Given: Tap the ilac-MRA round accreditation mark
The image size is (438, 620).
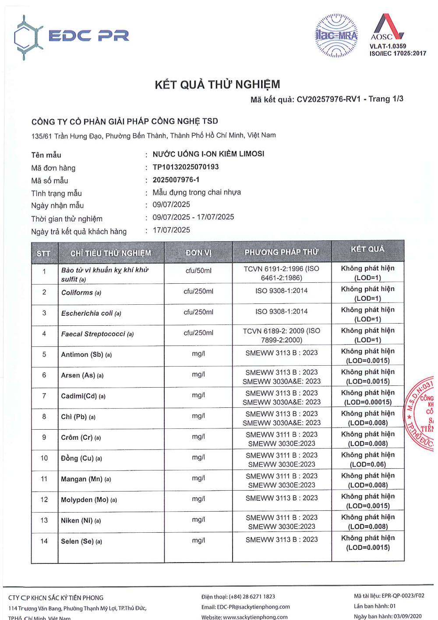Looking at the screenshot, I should click(336, 35).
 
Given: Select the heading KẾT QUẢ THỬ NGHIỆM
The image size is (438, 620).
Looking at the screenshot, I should click(217, 85).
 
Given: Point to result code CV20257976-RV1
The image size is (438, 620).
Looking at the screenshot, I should click(328, 100).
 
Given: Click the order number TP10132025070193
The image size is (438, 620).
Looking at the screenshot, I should click(186, 167).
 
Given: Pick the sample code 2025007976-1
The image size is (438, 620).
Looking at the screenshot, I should click(176, 180).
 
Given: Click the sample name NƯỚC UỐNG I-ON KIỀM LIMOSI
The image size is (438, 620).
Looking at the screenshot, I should click(208, 154).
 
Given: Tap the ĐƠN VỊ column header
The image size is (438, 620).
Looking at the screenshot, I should click(198, 253).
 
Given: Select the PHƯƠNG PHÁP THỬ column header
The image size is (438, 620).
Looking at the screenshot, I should click(282, 252).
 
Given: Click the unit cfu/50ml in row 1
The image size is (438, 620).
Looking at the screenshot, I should click(198, 271).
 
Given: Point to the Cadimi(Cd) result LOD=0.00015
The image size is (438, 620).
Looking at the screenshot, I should click(368, 402).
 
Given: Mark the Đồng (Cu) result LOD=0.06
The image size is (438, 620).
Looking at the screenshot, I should click(368, 464).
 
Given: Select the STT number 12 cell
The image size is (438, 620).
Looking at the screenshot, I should click(44, 499).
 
